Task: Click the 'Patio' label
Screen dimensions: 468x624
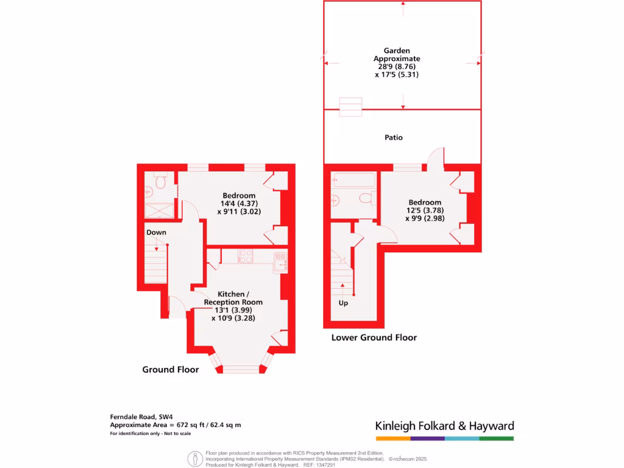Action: (394, 138)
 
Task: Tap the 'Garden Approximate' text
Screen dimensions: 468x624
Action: (397, 55)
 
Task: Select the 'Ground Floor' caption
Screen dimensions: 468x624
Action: (171, 369)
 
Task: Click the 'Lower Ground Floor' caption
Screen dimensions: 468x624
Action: (374, 337)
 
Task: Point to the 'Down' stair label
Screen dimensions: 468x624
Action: (156, 232)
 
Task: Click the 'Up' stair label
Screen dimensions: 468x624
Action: (343, 303)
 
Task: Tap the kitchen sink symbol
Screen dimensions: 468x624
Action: (280, 260)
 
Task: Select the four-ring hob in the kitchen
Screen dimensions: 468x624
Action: (246, 256)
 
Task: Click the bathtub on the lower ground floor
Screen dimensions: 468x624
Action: (353, 180)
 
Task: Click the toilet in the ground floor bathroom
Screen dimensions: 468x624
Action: (161, 181)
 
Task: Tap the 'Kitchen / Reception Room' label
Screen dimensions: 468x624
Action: (233, 298)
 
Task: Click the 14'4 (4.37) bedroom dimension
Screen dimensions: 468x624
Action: (242, 204)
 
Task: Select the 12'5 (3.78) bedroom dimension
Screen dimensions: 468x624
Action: (425, 211)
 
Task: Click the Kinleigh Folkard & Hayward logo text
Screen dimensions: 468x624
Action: (444, 426)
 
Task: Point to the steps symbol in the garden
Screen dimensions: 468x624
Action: (351, 107)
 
